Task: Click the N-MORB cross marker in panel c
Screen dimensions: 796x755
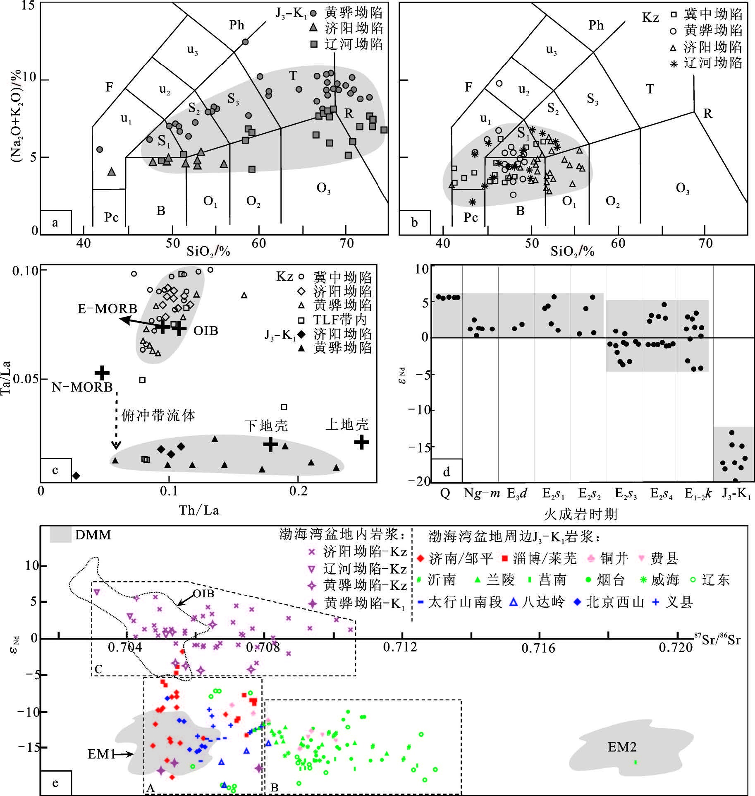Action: point(102,373)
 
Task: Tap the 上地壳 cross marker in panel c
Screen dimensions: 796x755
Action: point(361,442)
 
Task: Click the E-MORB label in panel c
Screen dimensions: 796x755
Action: point(107,308)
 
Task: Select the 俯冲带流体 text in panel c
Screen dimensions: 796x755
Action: point(158,415)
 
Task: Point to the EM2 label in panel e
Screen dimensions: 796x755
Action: point(621,747)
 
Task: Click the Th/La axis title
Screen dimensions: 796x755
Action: point(199,510)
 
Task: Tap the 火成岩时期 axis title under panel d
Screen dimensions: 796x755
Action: point(580,514)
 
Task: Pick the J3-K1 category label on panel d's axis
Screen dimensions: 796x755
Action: point(736,494)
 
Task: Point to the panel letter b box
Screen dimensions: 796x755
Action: point(414,222)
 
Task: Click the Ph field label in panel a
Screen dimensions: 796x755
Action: point(237,25)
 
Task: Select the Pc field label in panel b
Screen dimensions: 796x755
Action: point(471,218)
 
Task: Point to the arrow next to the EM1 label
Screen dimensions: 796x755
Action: point(124,754)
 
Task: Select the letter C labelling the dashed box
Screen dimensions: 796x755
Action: point(98,669)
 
